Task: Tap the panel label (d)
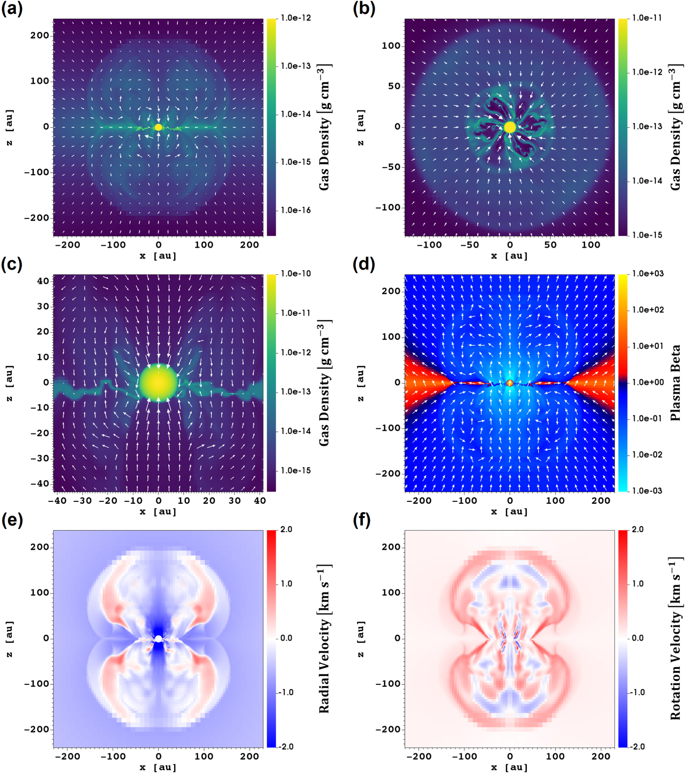[x=364, y=264]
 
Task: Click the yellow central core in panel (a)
[x=158, y=127]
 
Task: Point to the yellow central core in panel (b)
[x=510, y=127]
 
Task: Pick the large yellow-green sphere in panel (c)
[x=158, y=383]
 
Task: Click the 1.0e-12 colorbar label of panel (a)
[x=295, y=18]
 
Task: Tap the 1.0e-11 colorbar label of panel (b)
[x=647, y=18]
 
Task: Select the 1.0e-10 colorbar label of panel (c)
[x=295, y=273]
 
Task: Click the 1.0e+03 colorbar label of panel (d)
[x=648, y=273]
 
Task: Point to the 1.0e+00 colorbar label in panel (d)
[x=648, y=382]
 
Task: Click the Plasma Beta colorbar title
[x=675, y=383]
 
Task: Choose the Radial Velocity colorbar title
[x=324, y=638]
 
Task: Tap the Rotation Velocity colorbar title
[x=675, y=638]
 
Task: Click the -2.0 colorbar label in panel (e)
[x=286, y=747]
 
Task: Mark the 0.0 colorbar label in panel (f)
[x=638, y=638]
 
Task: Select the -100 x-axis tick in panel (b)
[x=429, y=245]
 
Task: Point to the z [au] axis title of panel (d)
[x=361, y=383]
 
